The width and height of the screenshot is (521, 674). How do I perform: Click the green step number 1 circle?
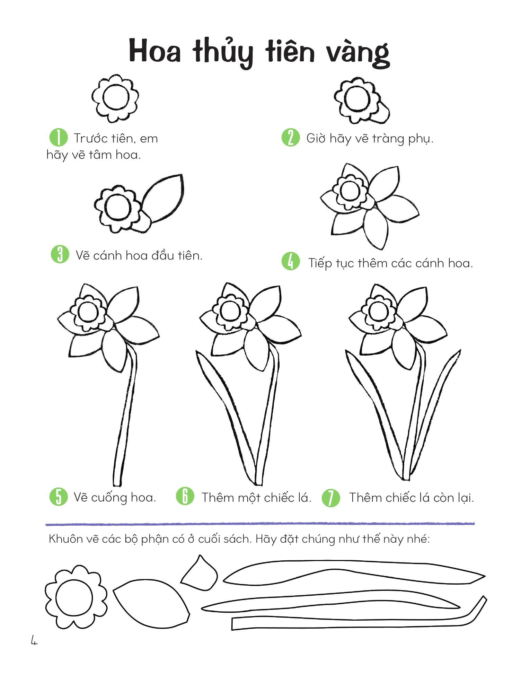58,138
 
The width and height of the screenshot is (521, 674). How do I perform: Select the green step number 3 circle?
60,254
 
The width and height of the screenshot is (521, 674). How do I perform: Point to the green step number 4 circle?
290,261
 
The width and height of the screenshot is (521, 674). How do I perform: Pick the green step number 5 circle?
59,497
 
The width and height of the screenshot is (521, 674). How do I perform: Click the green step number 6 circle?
185,496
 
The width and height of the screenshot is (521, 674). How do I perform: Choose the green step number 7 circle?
331,498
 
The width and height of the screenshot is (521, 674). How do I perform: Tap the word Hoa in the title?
155,52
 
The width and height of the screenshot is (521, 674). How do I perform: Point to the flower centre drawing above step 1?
115,98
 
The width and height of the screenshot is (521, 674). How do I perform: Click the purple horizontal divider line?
260,524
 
